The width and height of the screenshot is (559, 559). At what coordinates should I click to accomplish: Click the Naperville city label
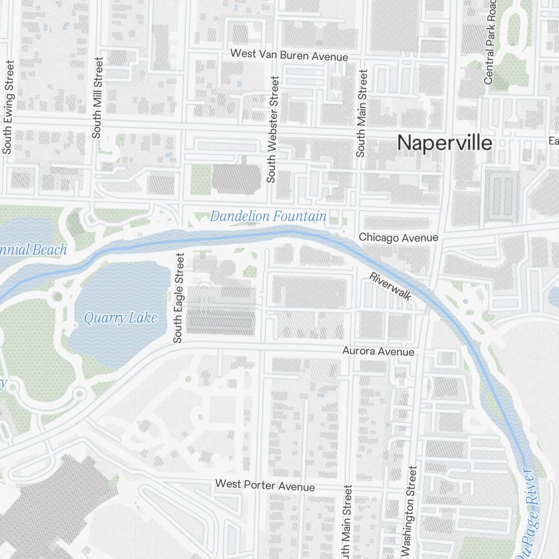click(x=445, y=143)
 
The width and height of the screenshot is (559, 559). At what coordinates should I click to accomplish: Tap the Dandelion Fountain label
click(x=268, y=216)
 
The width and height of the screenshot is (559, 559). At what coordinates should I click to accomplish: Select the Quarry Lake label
click(x=120, y=318)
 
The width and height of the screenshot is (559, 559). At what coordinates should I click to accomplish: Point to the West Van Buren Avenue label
click(x=289, y=56)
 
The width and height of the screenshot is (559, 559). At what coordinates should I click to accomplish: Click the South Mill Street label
click(x=98, y=98)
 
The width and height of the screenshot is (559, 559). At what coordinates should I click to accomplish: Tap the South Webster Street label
click(x=273, y=130)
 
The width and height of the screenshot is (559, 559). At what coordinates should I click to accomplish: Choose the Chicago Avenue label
click(x=398, y=238)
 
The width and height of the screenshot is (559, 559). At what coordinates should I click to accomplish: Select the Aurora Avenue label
click(x=378, y=352)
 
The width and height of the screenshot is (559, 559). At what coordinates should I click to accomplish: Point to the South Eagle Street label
click(x=178, y=298)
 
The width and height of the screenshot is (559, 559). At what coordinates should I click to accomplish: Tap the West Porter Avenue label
click(x=265, y=485)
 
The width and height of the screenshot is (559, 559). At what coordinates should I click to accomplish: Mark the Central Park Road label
click(x=490, y=45)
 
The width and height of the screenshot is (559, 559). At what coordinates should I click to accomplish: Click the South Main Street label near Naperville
click(x=362, y=113)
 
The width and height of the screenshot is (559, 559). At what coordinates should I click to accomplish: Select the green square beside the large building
click(x=201, y=179)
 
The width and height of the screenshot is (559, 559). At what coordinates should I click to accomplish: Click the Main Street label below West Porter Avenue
click(x=347, y=523)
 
